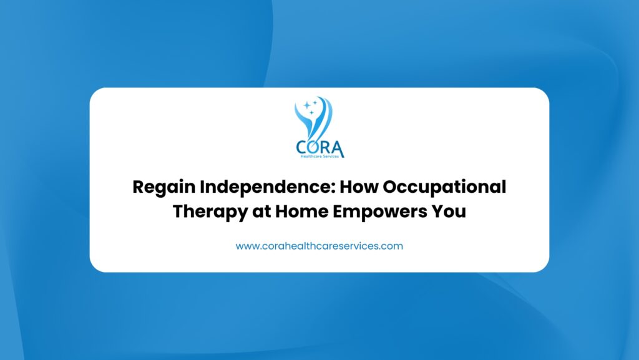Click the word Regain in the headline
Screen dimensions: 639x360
tap(164, 187)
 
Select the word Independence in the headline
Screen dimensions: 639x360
tap(266, 187)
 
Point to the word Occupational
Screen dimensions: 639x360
tap(444, 187)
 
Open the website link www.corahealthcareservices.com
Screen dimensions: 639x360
tap(319, 246)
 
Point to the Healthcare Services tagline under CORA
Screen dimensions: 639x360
tap(319, 157)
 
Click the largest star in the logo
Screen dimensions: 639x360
tap(307, 105)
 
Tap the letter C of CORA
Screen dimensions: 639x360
tap(302, 147)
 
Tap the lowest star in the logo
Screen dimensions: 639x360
tap(312, 112)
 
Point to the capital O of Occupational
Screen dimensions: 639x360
tap(391, 187)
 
